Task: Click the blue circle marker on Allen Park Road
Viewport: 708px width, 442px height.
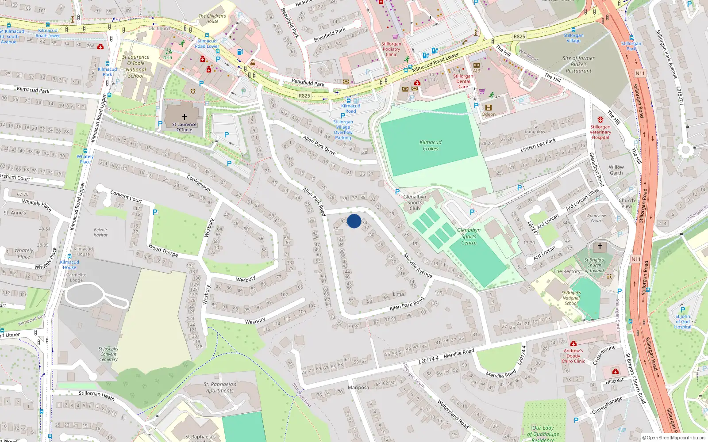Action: coord(354,221)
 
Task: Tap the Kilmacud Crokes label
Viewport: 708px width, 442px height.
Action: coord(431,145)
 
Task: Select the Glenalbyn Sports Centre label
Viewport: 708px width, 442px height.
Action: coord(469,236)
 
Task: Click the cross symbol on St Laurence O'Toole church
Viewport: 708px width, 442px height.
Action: coord(185,117)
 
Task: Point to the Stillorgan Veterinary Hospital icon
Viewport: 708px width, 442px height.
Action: coord(600,120)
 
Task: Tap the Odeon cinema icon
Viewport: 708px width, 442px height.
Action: coord(489,107)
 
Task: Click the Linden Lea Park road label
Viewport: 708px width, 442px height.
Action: coord(538,145)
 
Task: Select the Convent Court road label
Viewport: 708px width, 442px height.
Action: coord(126,196)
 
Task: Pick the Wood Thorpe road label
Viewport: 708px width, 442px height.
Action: coord(163,251)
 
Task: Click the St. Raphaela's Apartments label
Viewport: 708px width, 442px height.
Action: coord(220,387)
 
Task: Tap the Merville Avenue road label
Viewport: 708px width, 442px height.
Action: coord(417,265)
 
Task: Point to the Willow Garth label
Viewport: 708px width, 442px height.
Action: coord(616,170)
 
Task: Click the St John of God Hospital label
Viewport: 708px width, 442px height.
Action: coord(683,321)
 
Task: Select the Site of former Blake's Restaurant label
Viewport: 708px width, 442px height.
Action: coord(578,65)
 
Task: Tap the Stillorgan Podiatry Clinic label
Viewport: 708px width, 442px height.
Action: coord(391,49)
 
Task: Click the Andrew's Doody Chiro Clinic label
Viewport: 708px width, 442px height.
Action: coord(573,356)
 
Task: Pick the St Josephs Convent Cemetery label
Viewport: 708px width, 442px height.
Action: coord(108,354)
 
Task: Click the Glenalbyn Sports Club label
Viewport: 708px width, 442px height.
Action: coord(415,202)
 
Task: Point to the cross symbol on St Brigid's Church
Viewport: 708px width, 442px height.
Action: coord(600,246)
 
